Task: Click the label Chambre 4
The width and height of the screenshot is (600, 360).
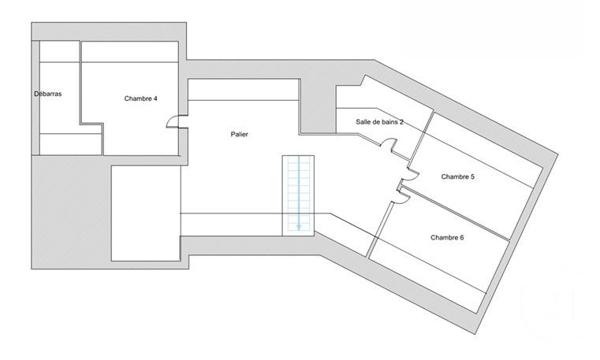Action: pyautogui.click(x=141, y=99)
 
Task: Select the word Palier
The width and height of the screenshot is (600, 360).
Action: pyautogui.click(x=238, y=133)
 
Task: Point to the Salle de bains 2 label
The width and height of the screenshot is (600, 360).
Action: pyautogui.click(x=379, y=122)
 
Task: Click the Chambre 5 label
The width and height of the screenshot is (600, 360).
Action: pyautogui.click(x=458, y=177)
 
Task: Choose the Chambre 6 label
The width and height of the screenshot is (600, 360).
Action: pyautogui.click(x=447, y=237)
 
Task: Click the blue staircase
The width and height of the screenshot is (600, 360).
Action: pyautogui.click(x=297, y=190)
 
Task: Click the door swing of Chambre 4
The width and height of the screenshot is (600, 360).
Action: pyautogui.click(x=174, y=121)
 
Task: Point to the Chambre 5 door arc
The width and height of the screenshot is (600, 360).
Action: pyautogui.click(x=406, y=181)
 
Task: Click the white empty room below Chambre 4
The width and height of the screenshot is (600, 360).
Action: pyautogui.click(x=144, y=211)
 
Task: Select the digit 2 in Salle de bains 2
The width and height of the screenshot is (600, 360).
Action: pyautogui.click(x=402, y=122)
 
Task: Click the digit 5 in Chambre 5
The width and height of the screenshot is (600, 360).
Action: pyautogui.click(x=473, y=177)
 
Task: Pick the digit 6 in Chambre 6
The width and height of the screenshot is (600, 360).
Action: pyautogui.click(x=462, y=237)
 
